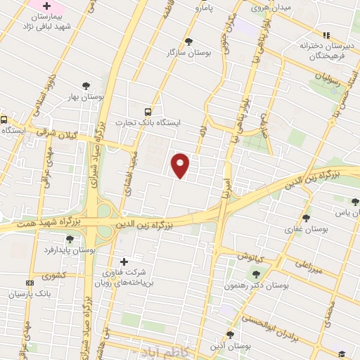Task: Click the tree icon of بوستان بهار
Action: pyautogui.click(x=86, y=86)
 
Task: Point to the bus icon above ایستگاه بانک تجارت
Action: pyautogui.click(x=148, y=111)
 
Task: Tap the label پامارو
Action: pyautogui.click(x=207, y=7)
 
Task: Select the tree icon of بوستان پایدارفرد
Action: pyautogui.click(x=87, y=238)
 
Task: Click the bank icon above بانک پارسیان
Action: pyautogui.click(x=28, y=283)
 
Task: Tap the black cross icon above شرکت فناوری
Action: pyautogui.click(x=124, y=262)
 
